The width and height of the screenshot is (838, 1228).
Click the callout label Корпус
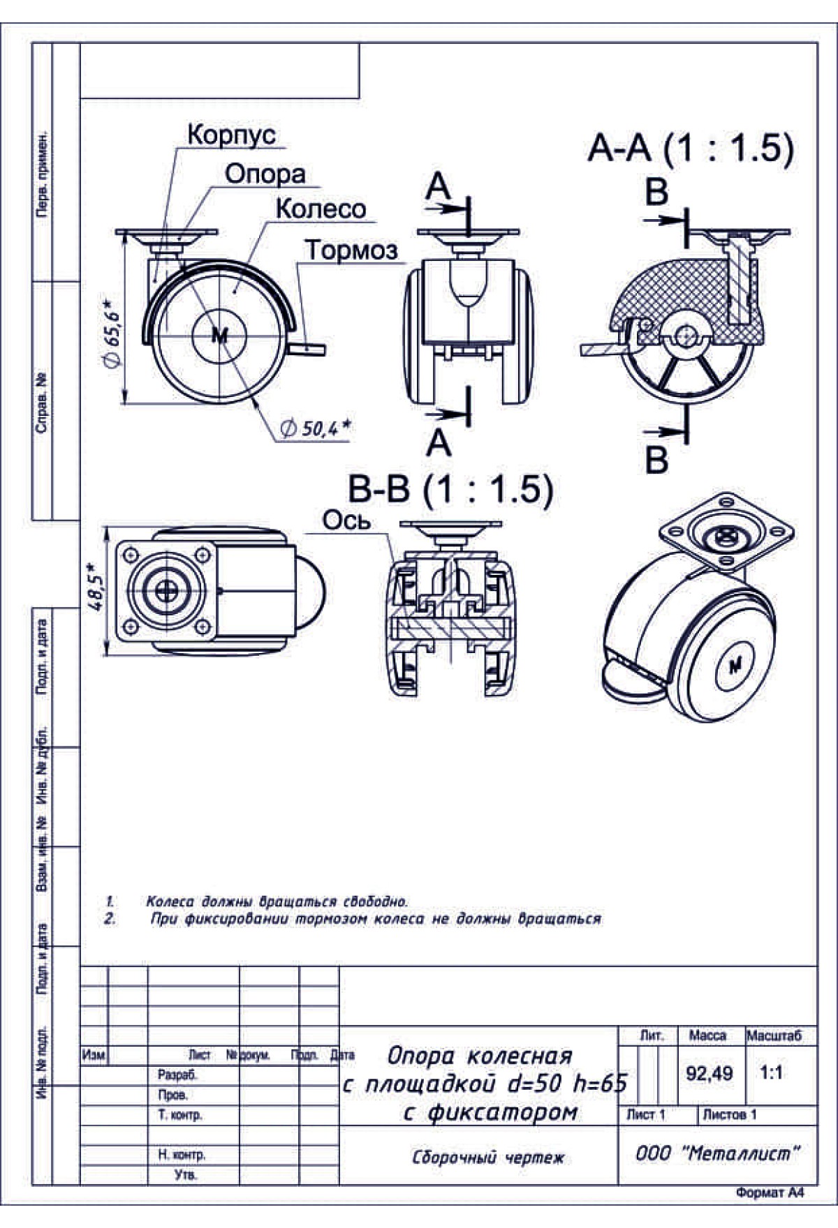pos(231,135)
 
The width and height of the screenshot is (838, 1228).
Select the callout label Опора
pos(265,174)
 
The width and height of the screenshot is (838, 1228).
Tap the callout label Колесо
pos(321,209)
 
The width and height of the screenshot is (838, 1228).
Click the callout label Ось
pos(346,521)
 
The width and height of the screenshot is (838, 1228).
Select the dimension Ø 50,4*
pos(314,428)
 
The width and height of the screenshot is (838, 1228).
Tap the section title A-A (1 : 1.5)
pos(690,148)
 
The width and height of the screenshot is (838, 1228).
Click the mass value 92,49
pos(709,1073)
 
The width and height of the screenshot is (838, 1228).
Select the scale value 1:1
pos(771,1072)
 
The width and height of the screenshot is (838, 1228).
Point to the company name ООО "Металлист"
pos(716,1154)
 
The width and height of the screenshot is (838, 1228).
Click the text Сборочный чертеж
pos(487,1158)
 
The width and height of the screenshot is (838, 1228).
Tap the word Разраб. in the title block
pos(177,1075)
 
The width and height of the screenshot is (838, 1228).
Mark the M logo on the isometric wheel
pos(735,666)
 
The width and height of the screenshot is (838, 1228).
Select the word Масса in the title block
pos(707,1036)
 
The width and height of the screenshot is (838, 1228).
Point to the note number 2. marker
pos(110,919)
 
